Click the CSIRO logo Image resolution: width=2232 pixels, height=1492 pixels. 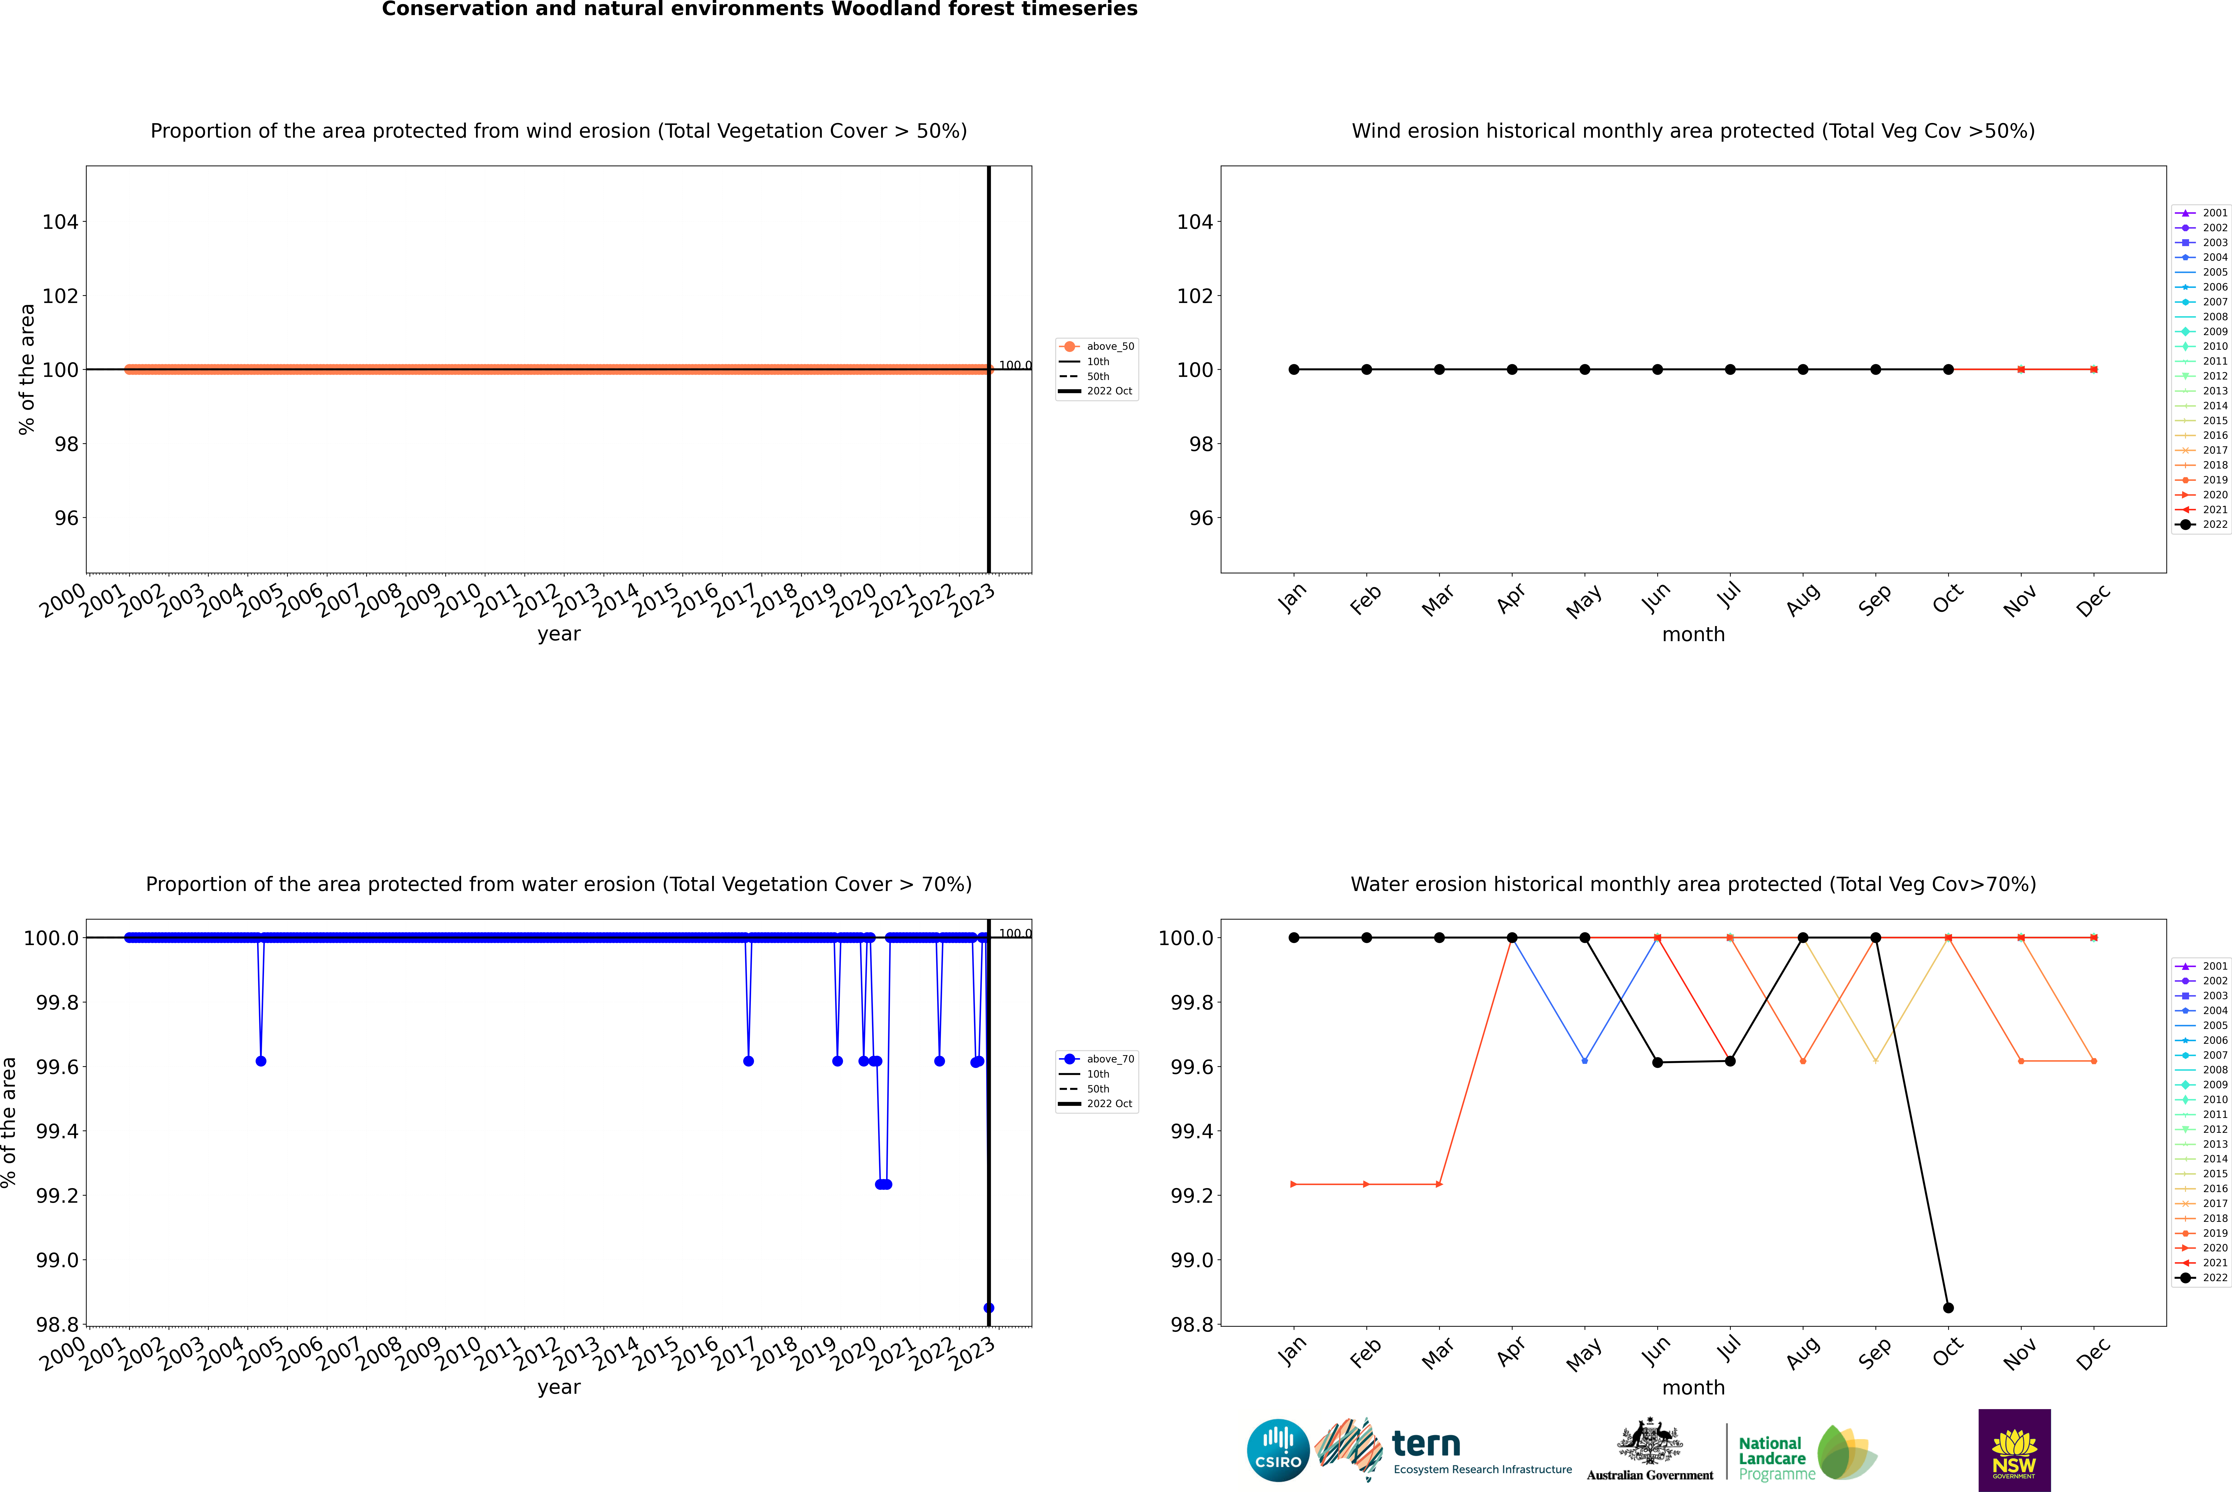1278,1450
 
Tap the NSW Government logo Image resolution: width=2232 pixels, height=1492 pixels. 2014,1450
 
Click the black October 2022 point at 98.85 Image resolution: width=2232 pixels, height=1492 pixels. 1948,1307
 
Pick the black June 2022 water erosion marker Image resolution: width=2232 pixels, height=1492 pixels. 1657,1062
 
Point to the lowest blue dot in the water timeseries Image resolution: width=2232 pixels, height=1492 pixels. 989,1307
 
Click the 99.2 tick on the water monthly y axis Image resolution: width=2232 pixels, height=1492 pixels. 1189,1195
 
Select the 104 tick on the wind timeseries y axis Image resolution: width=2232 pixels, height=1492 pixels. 60,222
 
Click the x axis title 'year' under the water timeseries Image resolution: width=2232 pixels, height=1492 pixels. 558,1387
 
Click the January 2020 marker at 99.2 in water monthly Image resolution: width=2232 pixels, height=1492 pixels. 1294,1184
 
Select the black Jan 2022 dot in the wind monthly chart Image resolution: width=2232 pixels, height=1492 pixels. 1294,369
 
